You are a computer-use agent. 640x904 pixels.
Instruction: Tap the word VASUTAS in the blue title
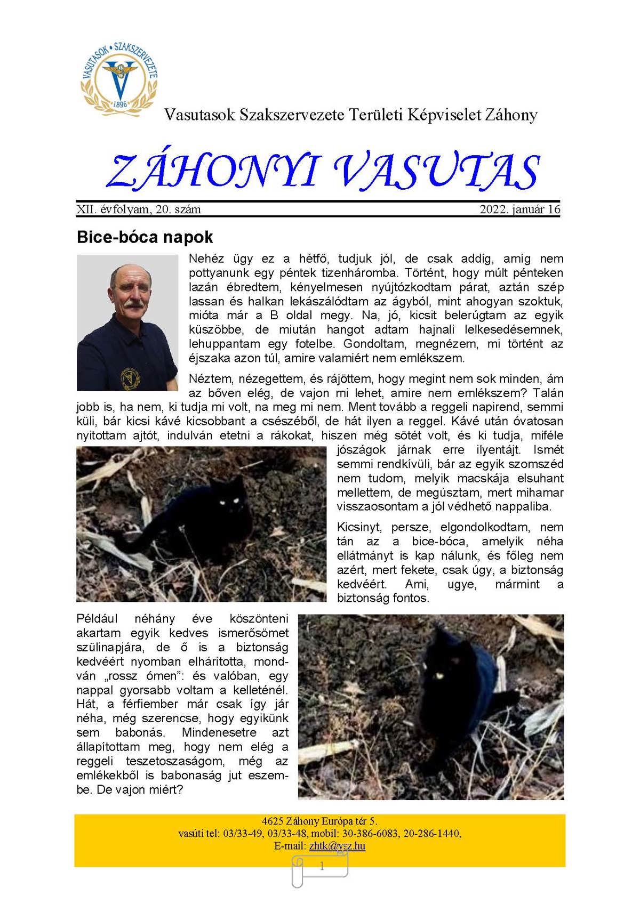(437, 172)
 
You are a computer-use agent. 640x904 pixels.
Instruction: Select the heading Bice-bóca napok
(145, 237)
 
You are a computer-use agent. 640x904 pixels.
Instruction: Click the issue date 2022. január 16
(519, 209)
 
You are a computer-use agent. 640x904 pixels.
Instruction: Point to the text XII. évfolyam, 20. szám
(139, 209)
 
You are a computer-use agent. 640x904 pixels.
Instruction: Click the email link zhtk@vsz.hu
(337, 846)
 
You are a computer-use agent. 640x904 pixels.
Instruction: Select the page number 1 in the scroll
(322, 867)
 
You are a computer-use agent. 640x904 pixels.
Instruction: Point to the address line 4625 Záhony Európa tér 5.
(319, 821)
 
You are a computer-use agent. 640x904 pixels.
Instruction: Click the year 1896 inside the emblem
(121, 104)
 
